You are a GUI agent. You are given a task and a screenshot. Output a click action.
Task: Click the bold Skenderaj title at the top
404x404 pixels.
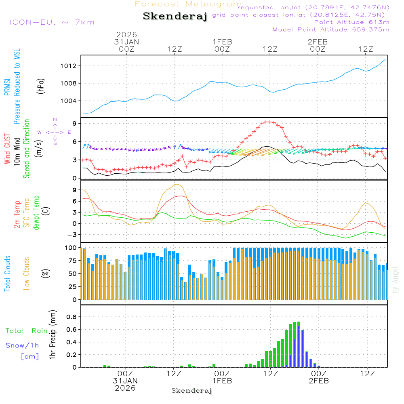tap(175, 17)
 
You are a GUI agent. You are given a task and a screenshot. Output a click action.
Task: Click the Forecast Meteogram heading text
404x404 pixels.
tap(188, 4)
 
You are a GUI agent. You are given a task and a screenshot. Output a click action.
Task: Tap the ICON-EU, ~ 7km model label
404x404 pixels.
tap(52, 22)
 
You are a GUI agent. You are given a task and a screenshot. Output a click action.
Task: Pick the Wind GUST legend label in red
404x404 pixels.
tap(7, 149)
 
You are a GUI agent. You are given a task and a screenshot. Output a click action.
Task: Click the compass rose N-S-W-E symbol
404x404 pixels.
tap(55, 132)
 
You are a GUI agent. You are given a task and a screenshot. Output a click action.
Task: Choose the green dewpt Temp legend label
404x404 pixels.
tap(37, 213)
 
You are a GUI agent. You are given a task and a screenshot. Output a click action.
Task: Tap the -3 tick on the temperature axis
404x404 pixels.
tap(73, 235)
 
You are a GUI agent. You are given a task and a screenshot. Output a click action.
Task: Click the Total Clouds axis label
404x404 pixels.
tap(7, 274)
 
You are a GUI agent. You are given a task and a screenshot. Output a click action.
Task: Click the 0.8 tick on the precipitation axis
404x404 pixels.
tap(72, 317)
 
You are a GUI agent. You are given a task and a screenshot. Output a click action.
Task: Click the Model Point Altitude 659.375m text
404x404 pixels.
tap(331, 29)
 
